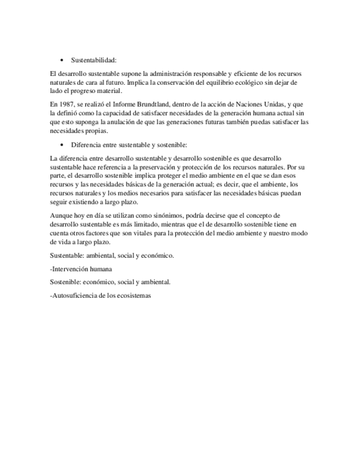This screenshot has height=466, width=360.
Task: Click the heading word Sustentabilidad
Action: [94, 60]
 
